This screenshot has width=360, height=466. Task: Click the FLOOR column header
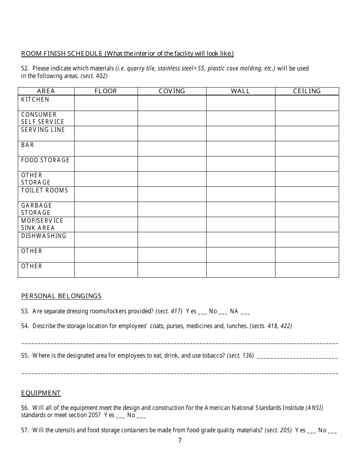tap(106, 91)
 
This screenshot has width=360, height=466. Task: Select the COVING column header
tap(172, 91)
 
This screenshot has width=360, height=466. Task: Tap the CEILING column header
tap(307, 91)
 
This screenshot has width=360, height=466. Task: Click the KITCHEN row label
tap(35, 99)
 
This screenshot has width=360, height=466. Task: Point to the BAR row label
tap(28, 145)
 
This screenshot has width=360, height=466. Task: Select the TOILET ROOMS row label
tap(45, 190)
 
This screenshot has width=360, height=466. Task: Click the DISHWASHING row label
tap(44, 236)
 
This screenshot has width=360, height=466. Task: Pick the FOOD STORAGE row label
tap(45, 160)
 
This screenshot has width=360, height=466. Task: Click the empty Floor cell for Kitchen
tap(106, 103)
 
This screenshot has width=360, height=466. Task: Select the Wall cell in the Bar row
tap(241, 149)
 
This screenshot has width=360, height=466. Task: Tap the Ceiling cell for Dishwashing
tap(307, 239)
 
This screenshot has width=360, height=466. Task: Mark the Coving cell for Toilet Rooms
tap(172, 194)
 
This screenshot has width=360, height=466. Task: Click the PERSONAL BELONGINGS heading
tap(61, 296)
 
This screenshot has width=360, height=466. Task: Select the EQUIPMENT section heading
tap(41, 393)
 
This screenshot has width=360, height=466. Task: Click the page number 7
tap(180, 440)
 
